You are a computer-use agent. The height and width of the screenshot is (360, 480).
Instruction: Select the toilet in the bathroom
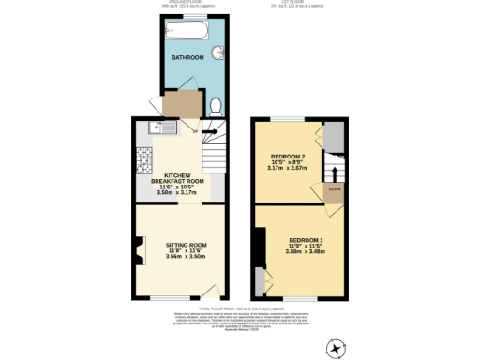pos(215,105)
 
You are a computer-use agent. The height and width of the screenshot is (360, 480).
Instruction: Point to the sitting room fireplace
pos(141,251)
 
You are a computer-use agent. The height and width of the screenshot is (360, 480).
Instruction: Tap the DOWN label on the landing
pos(333,188)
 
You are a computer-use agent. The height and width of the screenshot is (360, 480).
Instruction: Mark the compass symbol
pos(337,348)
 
